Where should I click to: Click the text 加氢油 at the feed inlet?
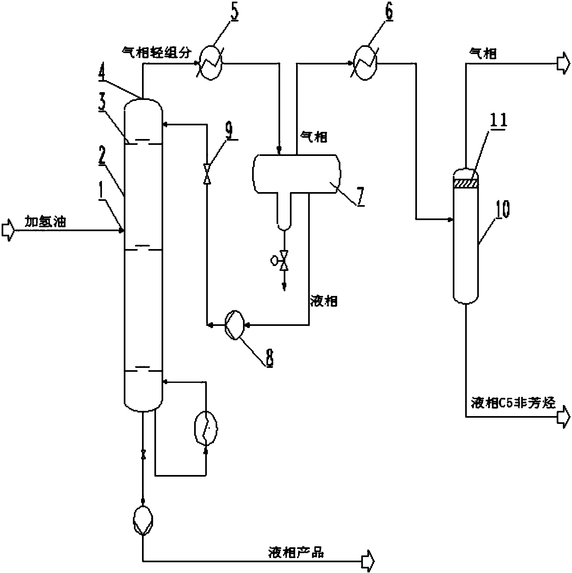pos(46,222)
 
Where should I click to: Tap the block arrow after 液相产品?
pos(368,561)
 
